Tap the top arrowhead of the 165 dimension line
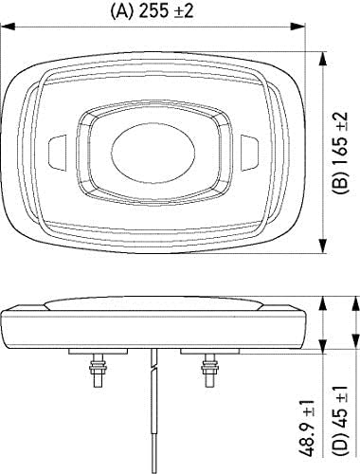pyautogui.click(x=328, y=43)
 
